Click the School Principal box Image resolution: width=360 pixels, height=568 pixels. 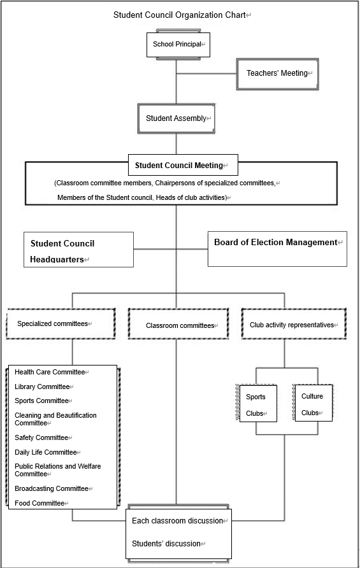178,45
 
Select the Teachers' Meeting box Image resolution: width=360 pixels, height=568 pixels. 277,73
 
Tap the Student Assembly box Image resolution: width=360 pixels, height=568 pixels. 176,118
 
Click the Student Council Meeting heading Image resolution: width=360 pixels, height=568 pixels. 179,166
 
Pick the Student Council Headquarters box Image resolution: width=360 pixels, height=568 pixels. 78,250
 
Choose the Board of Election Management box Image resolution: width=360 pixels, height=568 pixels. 277,249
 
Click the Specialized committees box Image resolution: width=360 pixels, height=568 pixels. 61,323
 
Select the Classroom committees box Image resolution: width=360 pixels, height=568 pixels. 178,323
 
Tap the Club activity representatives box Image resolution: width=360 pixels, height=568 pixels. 294,323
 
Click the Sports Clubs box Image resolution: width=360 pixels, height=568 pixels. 258,404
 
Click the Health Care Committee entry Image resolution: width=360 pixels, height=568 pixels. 50,372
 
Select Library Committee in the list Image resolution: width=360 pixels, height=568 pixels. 42,387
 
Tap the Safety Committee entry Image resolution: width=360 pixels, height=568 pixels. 41,437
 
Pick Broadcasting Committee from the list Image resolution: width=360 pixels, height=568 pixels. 52,488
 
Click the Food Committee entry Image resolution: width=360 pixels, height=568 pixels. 40,503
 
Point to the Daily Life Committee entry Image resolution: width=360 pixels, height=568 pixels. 46,452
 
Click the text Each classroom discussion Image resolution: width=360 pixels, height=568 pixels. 178,521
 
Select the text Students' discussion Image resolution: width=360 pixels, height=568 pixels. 166,544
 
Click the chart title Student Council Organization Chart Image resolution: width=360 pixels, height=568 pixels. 180,15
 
